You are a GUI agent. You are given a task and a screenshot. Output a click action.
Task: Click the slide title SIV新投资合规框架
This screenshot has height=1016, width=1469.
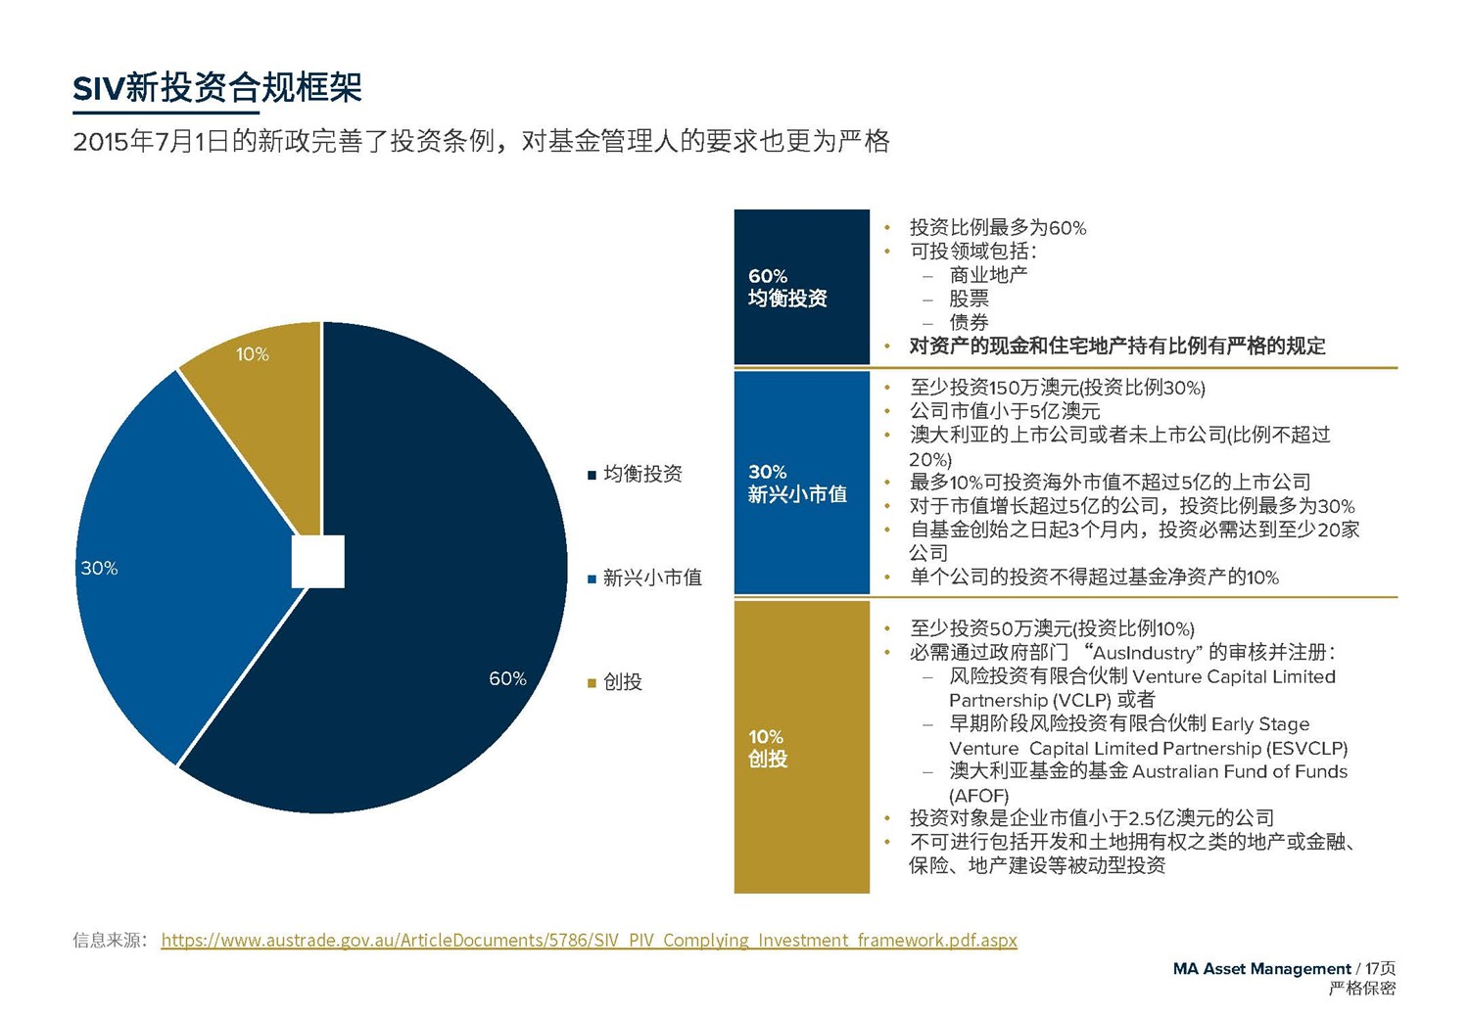tap(217, 88)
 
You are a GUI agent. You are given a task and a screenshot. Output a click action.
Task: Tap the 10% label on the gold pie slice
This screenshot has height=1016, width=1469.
tap(252, 354)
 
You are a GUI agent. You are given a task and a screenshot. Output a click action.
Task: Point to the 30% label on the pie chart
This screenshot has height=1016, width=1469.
tap(99, 568)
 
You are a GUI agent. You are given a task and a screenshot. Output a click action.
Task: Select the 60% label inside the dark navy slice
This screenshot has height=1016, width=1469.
tap(507, 678)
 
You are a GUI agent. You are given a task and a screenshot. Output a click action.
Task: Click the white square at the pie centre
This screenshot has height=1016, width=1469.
tap(318, 562)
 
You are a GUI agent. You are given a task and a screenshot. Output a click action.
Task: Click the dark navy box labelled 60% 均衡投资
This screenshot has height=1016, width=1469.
tap(801, 287)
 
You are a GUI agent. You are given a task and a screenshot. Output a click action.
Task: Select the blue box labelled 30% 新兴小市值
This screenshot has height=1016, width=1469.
tap(801, 483)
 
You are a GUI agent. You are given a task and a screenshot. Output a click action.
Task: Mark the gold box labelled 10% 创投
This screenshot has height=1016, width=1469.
tap(801, 747)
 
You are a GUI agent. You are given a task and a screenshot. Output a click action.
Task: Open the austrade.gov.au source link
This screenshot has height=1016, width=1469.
tap(589, 940)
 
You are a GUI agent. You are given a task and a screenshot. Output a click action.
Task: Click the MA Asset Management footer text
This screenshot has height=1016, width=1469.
tap(1261, 968)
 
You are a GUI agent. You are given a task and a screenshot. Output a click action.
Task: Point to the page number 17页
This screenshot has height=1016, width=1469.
tap(1381, 968)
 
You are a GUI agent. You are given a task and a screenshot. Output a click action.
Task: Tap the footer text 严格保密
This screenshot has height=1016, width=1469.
tap(1361, 989)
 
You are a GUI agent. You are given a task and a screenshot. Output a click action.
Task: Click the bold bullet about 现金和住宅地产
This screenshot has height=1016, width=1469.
tap(1116, 346)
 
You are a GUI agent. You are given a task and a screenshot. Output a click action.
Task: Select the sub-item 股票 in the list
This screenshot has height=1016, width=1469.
tap(969, 299)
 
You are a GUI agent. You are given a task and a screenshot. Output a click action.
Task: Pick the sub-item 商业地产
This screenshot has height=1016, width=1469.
tap(988, 275)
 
